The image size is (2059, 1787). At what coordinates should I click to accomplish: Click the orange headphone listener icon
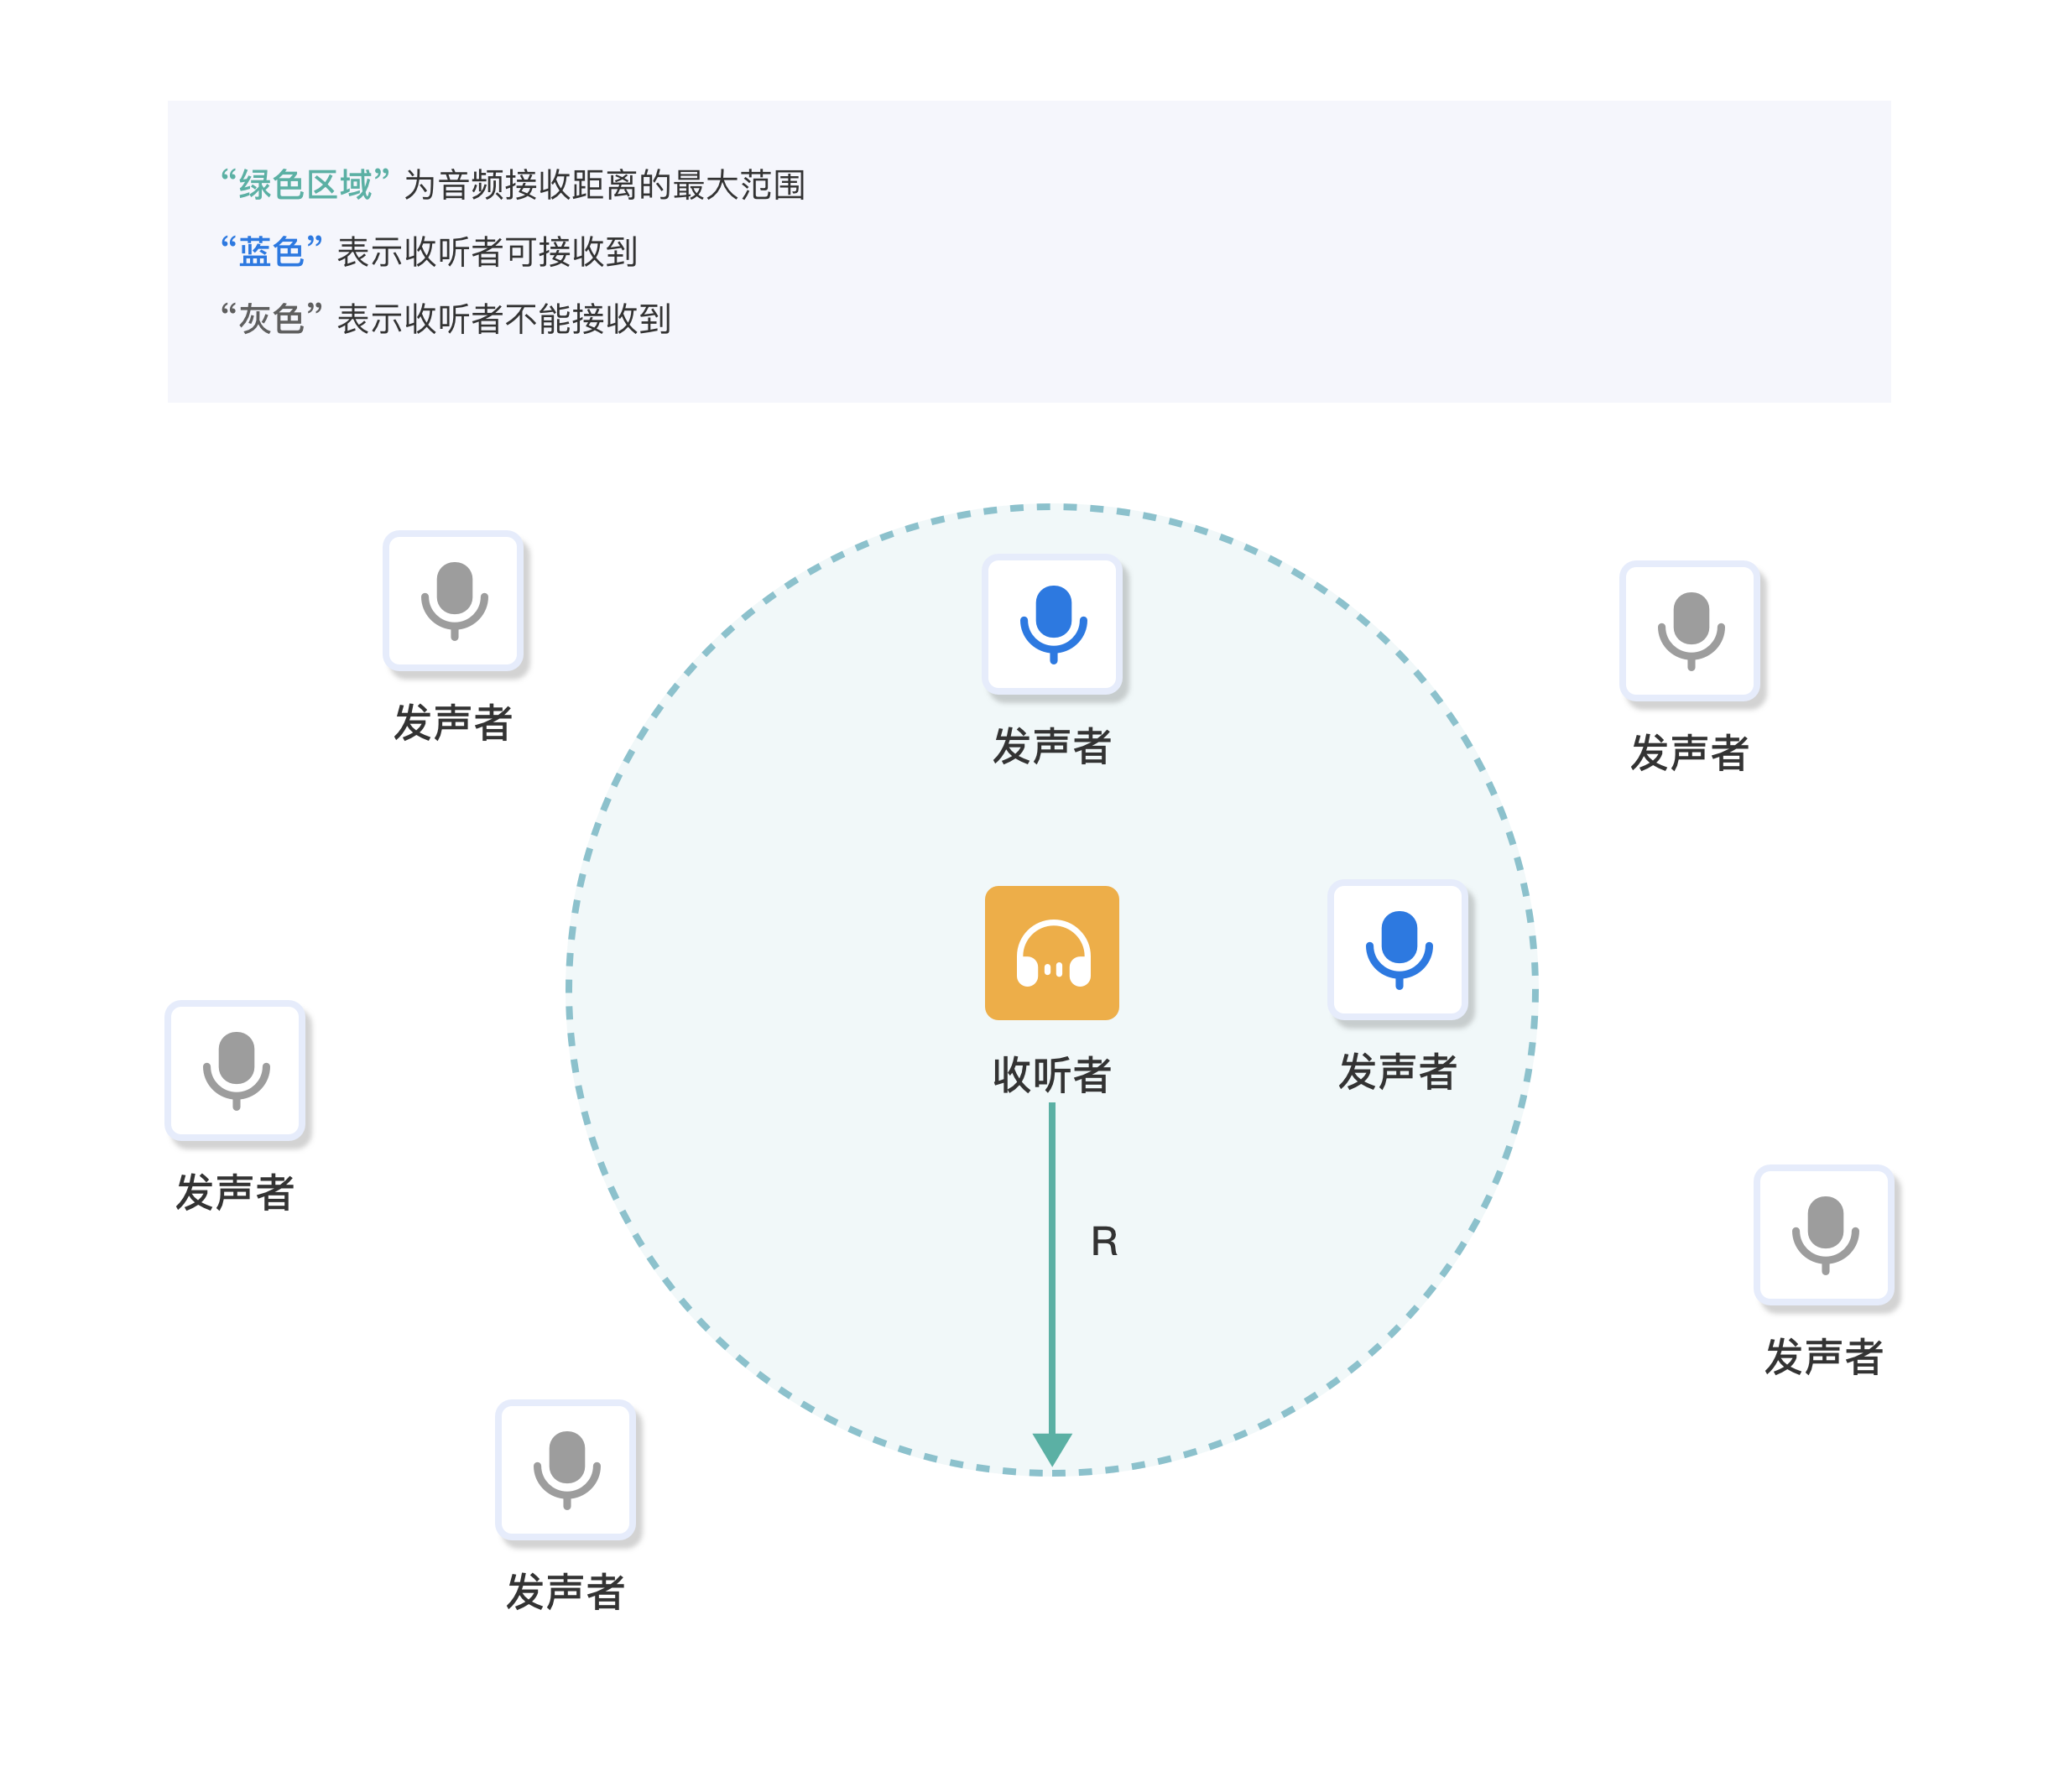coord(1051,952)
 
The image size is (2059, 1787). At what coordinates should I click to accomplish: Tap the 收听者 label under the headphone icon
coord(1051,1075)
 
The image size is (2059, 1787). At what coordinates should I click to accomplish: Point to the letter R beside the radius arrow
coord(1104,1242)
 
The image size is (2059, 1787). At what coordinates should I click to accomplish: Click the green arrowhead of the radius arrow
coord(1052,1449)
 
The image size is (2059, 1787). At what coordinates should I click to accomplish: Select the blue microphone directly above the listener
coord(1053,624)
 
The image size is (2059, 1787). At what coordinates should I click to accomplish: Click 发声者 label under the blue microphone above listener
coord(1051,746)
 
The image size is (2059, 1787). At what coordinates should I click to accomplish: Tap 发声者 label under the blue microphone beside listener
coord(1397,1072)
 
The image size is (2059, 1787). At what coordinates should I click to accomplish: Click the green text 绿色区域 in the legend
coord(305,185)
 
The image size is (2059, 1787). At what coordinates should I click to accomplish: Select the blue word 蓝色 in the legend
coord(271,252)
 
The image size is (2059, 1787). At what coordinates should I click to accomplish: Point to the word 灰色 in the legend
coord(271,319)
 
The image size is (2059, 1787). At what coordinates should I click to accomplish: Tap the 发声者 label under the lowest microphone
coord(565,1592)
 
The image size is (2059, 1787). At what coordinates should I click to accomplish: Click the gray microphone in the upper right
coord(1691,631)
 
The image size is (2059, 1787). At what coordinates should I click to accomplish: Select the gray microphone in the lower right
coord(1825,1236)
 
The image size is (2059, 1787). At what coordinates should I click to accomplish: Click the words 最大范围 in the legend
coord(739,185)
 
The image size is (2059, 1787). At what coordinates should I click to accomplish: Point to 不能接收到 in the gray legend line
coord(588,319)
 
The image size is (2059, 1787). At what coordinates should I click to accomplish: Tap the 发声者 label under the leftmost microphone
coord(234,1193)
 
